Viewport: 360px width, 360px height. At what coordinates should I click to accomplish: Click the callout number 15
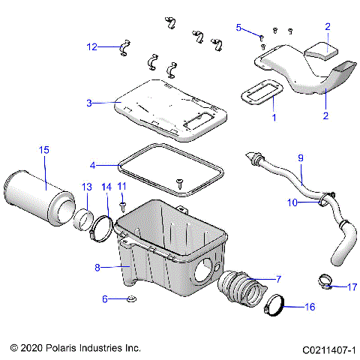pos(43,151)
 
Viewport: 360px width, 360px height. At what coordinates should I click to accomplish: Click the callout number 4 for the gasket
pos(92,164)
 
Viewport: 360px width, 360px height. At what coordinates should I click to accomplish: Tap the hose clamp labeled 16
pos(279,306)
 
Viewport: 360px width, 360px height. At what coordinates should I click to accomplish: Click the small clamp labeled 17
pos(323,283)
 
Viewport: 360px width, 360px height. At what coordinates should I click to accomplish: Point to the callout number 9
pos(301,158)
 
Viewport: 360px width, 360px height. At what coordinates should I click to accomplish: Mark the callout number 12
pos(91,46)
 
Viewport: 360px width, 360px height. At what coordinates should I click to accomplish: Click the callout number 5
pos(239,28)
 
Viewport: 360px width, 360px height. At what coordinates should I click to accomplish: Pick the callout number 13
pos(86,186)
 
